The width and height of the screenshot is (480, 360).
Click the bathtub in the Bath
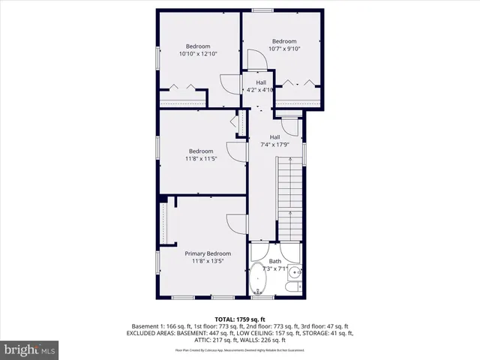click(x=260, y=279)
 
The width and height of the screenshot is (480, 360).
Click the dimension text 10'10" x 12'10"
click(x=198, y=54)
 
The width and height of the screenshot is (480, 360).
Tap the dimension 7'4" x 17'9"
click(x=275, y=145)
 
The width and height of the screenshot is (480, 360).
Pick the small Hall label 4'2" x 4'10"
click(x=260, y=91)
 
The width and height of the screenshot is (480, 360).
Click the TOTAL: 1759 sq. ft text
click(x=240, y=319)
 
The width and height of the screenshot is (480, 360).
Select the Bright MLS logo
click(x=29, y=349)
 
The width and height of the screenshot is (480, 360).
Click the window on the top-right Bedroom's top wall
click(x=262, y=10)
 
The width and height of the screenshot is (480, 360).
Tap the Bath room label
click(x=275, y=261)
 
